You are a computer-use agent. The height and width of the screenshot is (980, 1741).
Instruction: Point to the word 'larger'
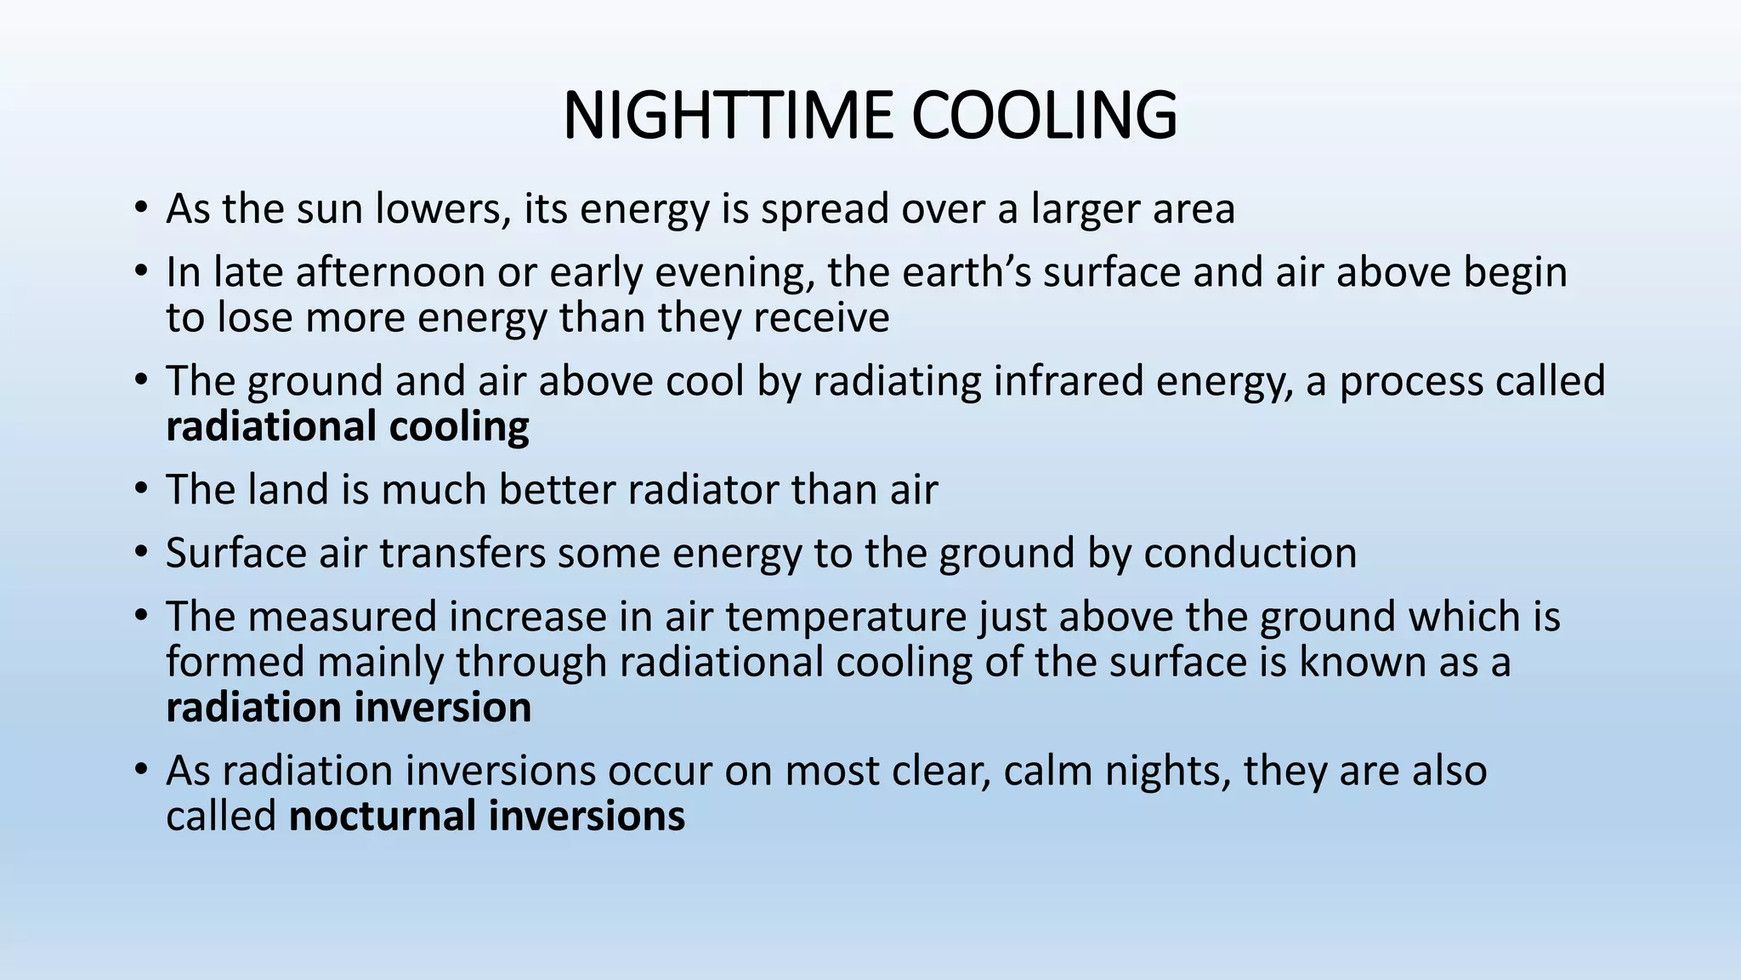tap(1085, 209)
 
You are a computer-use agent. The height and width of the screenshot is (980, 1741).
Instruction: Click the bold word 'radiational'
tap(271, 426)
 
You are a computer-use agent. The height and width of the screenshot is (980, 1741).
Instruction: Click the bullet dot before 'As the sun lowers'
tap(140, 208)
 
